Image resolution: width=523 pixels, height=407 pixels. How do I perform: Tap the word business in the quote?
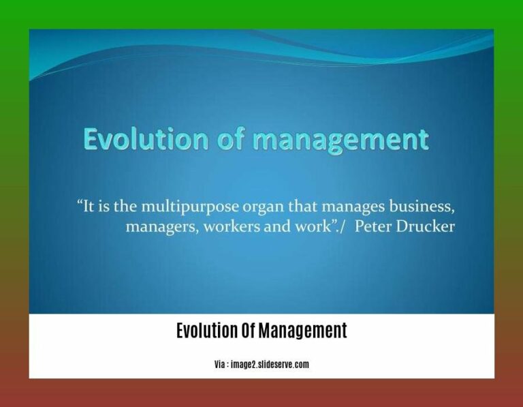tap(420, 205)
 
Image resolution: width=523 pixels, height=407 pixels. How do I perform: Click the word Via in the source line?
tap(220, 365)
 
